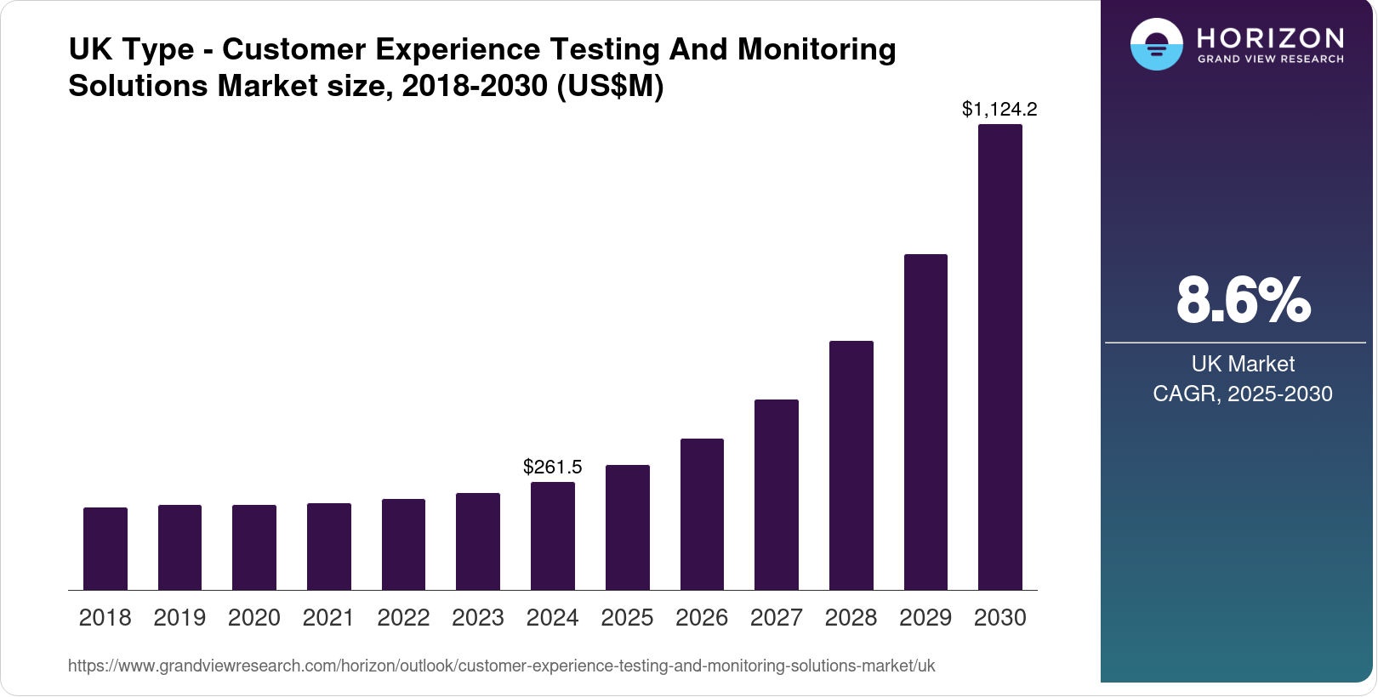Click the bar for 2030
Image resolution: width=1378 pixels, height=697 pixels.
[x=999, y=357]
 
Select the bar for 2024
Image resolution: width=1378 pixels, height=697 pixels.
[x=552, y=535]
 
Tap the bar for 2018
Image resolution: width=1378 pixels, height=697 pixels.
[x=105, y=548]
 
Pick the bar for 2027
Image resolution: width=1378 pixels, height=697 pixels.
[x=776, y=495]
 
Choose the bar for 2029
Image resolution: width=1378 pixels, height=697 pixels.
[x=925, y=422]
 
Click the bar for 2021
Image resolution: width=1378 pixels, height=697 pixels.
[x=329, y=547]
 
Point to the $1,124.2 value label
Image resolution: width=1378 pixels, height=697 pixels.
[x=999, y=109]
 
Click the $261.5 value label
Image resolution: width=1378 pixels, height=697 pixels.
[x=552, y=467]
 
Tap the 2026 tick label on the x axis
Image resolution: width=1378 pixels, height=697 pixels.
[x=702, y=617]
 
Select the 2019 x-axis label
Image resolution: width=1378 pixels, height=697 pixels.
[x=179, y=617]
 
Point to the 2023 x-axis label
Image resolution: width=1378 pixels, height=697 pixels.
[x=478, y=617]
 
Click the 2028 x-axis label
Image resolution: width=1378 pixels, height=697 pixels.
[x=851, y=617]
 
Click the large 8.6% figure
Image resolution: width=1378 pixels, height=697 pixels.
[x=1243, y=300]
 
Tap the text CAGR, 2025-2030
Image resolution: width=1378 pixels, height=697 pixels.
[x=1242, y=394]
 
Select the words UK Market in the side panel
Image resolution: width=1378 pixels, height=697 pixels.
[x=1242, y=364]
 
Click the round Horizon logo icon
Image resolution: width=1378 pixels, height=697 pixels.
[x=1156, y=44]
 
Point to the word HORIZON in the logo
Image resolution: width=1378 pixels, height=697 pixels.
[x=1270, y=37]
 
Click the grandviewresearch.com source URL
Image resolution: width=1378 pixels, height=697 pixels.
[x=501, y=666]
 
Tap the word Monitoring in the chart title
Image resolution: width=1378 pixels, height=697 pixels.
[x=817, y=49]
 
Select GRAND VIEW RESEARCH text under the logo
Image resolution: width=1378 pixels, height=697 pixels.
[x=1270, y=59]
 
